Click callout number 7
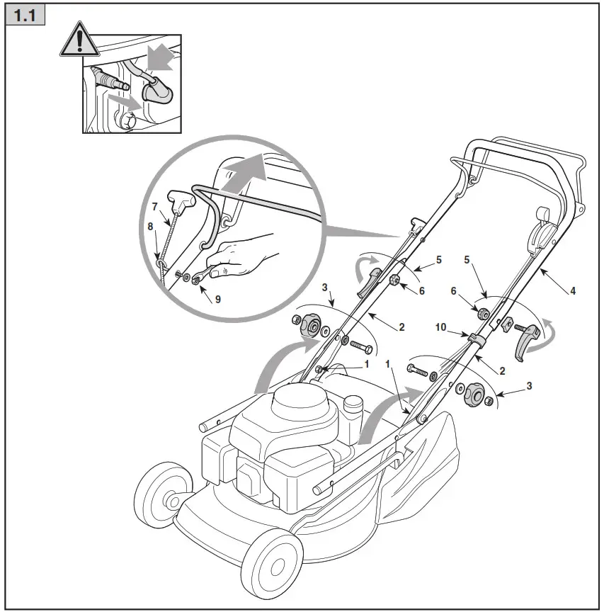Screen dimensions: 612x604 155,207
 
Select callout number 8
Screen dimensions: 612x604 149,227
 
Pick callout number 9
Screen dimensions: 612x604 217,300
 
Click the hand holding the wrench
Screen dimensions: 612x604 237,256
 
